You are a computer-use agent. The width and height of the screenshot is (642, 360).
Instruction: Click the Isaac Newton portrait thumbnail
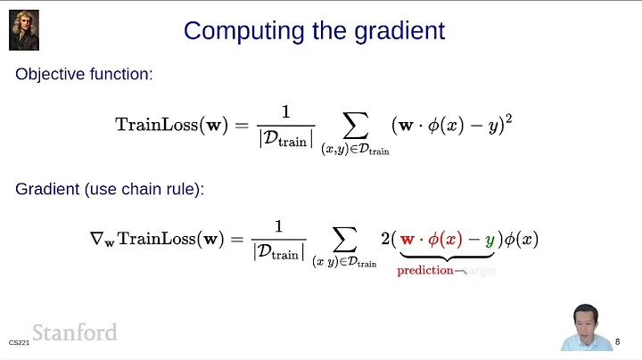point(24,29)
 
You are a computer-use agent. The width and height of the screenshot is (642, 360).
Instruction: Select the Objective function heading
point(84,74)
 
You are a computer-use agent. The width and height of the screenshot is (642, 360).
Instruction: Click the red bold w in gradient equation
point(408,239)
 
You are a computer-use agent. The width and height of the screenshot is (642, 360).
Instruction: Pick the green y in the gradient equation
point(490,240)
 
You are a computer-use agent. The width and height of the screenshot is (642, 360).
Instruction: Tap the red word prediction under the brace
point(425,270)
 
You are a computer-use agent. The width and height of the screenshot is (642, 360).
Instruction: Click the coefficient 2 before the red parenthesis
point(384,238)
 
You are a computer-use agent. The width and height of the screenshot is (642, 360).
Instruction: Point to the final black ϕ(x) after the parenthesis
point(521,238)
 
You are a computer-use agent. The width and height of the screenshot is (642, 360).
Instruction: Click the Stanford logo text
point(75,332)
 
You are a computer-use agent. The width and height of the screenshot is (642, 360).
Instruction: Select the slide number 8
point(618,340)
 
